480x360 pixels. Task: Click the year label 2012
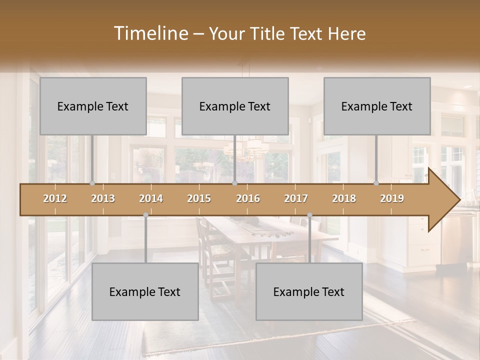coord(55,198)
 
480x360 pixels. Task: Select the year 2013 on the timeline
coord(103,198)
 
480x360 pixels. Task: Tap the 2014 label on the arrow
coord(151,198)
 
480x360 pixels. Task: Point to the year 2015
coord(199,198)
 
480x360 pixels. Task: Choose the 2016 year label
coord(248,198)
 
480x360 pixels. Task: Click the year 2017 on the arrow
coord(296,198)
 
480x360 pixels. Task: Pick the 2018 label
coord(344,198)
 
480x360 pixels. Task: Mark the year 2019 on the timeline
coord(392,198)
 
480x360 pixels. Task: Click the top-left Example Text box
coord(93,106)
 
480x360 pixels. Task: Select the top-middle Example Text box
coord(235,106)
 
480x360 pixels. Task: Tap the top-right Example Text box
coord(377,106)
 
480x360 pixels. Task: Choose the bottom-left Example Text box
coord(145,291)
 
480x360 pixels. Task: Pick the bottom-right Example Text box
coord(309,291)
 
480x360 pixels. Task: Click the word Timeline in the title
coord(149,33)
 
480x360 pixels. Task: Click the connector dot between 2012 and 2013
coord(92,183)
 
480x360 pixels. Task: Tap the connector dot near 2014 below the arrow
coord(145,215)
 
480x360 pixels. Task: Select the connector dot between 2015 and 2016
coord(234,183)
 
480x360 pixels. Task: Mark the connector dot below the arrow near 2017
coord(309,215)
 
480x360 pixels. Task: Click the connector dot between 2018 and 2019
coord(376,183)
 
